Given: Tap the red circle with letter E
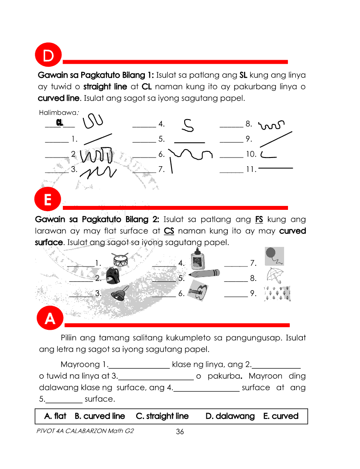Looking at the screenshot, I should point(48,200).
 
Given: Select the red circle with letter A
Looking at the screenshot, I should point(50,319).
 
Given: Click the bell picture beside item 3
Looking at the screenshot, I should point(119,293).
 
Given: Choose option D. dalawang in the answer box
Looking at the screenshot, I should point(230,416).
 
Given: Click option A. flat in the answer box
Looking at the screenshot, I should point(55,416).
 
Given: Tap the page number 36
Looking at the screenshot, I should point(180,432).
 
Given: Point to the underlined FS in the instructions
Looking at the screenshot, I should point(259,219).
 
